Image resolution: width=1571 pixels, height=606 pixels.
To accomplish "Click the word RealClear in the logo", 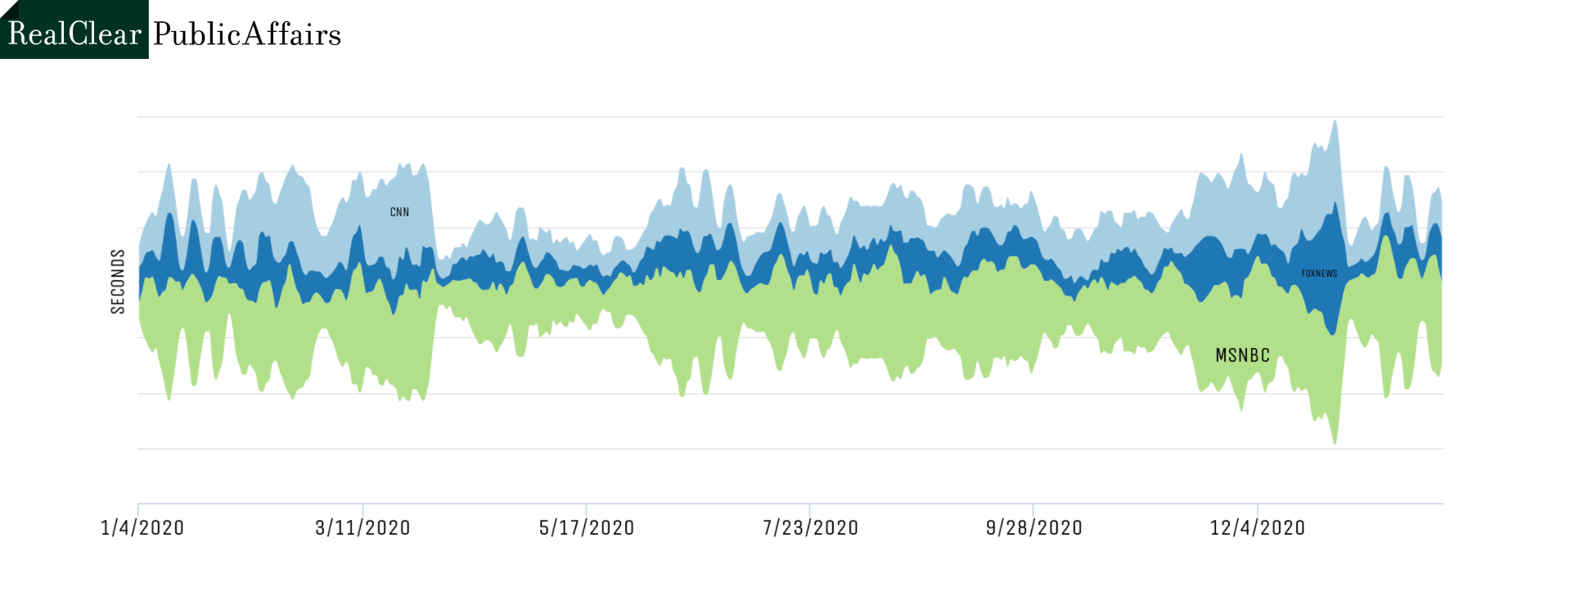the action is tap(74, 34).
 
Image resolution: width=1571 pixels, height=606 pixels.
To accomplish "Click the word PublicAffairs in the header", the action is tap(247, 34).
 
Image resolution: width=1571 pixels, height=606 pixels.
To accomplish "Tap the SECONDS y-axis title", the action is tap(118, 282).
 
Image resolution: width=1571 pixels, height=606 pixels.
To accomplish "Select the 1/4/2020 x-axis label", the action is tap(142, 527).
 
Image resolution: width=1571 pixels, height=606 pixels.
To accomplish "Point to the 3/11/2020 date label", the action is tap(362, 527).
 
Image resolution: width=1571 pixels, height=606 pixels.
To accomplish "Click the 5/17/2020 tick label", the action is tap(587, 527).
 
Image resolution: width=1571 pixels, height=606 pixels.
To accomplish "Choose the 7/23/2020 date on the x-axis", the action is tap(810, 527).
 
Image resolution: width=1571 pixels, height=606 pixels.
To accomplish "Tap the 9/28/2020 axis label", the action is tap(1034, 527).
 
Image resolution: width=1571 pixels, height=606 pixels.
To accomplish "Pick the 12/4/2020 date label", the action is tap(1258, 527).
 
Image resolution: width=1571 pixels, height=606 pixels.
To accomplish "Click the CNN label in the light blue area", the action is tap(399, 212).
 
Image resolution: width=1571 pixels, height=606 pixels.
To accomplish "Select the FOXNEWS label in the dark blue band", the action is tap(1319, 274).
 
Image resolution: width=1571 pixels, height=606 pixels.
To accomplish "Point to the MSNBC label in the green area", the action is tap(1242, 355).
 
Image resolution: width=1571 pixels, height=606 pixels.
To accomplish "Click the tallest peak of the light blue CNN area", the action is tap(1335, 121).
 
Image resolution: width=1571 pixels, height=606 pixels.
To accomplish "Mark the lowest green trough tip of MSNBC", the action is tap(1335, 443).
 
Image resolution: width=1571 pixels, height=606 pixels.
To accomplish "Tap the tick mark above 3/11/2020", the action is tap(362, 509).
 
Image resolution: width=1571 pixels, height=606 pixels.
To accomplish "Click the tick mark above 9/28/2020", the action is tap(1033, 509).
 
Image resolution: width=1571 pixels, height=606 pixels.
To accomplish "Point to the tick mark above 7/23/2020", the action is tap(809, 509).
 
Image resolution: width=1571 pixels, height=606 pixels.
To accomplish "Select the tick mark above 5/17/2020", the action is tap(586, 509).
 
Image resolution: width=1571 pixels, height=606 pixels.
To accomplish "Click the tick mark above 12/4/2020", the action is tap(1257, 509).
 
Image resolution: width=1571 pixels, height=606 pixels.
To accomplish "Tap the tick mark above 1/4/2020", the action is tap(138, 509).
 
